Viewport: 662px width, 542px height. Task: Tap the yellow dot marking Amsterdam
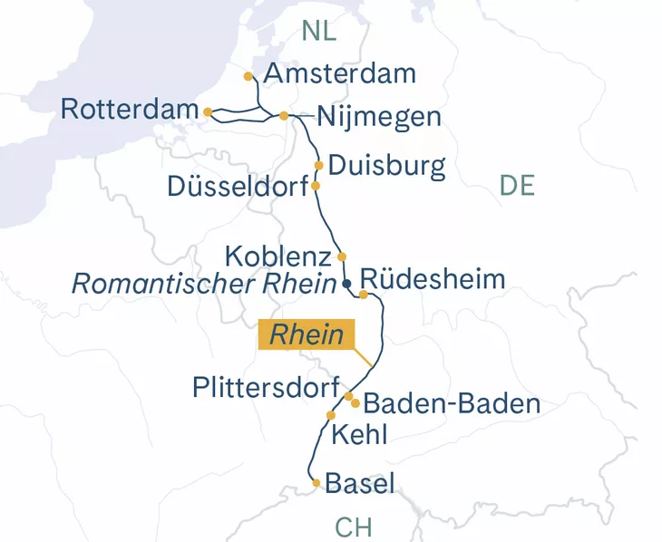(x=249, y=77)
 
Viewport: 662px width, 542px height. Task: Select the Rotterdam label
(x=130, y=110)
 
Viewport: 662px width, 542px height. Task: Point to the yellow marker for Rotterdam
(x=209, y=111)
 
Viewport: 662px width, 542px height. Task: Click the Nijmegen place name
(x=379, y=117)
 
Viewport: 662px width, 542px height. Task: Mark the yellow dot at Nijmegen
(x=284, y=116)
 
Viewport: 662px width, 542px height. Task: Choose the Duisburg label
(x=387, y=166)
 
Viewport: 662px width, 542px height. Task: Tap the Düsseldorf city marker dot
(x=316, y=186)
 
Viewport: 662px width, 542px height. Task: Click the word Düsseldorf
(x=238, y=186)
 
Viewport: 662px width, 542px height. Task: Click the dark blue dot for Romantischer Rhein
(x=346, y=284)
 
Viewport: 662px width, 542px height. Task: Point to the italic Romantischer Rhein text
(x=204, y=284)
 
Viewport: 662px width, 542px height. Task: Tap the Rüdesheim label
(x=433, y=278)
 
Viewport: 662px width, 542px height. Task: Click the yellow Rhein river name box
(x=306, y=334)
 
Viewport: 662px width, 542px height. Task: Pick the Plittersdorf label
(x=266, y=387)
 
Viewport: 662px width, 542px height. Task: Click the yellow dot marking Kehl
(x=331, y=415)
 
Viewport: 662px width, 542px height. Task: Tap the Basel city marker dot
(x=316, y=483)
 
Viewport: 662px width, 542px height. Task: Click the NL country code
(x=319, y=30)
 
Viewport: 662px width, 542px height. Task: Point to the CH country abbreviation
(x=353, y=527)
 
